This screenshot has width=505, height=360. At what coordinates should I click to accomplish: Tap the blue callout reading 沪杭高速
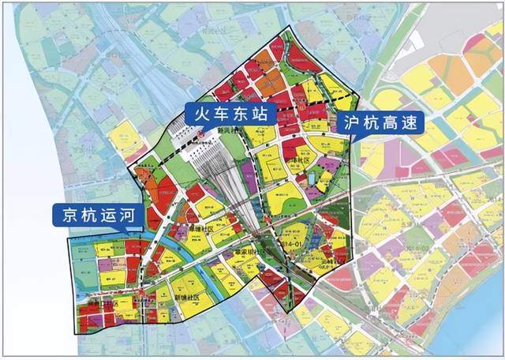(x=381, y=123)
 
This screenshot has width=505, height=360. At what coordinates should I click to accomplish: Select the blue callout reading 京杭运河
(x=92, y=214)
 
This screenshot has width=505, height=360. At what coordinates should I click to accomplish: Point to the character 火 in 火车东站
(x=202, y=114)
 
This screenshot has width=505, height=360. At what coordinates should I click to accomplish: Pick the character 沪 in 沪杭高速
(x=353, y=123)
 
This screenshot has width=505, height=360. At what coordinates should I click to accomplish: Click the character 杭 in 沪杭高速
(x=372, y=123)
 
